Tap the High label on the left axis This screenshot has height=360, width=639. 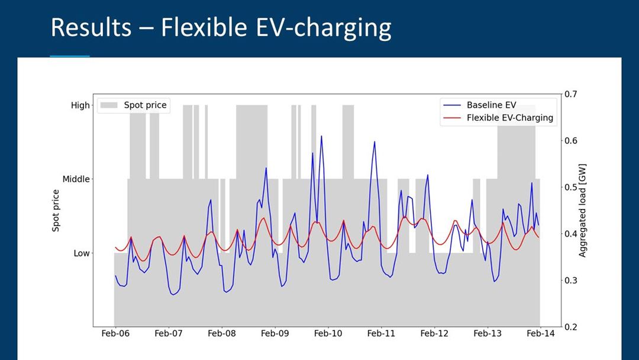80,105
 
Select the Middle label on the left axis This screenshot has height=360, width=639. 76,179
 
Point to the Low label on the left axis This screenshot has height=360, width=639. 82,253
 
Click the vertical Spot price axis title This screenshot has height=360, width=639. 56,210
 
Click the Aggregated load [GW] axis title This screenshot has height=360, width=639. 583,210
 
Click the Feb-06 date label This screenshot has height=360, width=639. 115,334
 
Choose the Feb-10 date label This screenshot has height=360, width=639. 328,334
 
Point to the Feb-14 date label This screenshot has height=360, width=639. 540,334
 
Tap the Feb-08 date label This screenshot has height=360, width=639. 221,334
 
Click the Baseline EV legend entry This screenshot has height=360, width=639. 491,105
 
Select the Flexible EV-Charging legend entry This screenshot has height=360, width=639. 509,118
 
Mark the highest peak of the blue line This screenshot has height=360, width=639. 321,136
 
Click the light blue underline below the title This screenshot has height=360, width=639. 70,56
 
